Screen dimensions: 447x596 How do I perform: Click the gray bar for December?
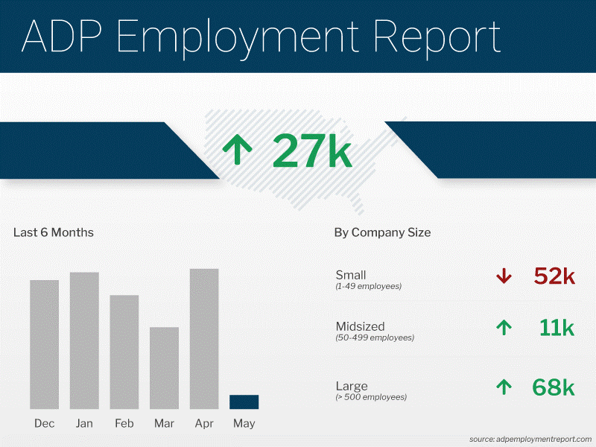[x=45, y=344]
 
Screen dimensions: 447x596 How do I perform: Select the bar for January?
[x=84, y=340]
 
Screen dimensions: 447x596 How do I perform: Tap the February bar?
[x=124, y=352]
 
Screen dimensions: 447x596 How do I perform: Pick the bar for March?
[x=164, y=368]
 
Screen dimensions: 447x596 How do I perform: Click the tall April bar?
[x=204, y=339]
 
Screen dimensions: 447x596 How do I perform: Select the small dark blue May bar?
[x=244, y=402]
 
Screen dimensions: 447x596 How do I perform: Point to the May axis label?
[x=244, y=424]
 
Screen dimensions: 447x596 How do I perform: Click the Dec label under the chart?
[x=45, y=424]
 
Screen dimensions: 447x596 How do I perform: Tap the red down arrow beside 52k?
[x=504, y=276]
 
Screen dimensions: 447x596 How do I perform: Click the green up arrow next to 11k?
[x=504, y=327]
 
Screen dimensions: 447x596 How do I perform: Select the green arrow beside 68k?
[x=504, y=387]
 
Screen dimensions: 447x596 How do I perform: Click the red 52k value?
[x=554, y=276]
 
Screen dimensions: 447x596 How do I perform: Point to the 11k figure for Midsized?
[x=557, y=327]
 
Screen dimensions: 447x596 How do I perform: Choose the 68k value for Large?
[x=554, y=387]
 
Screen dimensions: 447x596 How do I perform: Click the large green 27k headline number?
[x=311, y=150]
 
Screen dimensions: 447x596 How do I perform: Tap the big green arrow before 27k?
[x=238, y=150]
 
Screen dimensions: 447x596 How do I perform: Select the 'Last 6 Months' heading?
[x=54, y=232]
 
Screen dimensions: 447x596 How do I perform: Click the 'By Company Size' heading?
[x=382, y=232]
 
